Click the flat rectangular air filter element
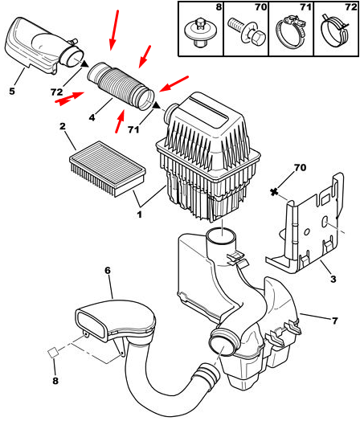[x=108, y=169]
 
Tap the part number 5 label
[x=12, y=91]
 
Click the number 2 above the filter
[x=63, y=126]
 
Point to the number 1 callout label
[x=139, y=215]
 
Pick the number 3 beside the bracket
[x=333, y=279]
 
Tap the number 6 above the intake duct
[x=108, y=271]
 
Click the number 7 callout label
[x=334, y=321]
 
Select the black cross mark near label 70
[x=273, y=192]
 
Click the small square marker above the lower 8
[x=53, y=352]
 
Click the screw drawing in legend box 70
[x=247, y=31]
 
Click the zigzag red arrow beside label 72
[x=70, y=98]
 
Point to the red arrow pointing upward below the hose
[x=120, y=121]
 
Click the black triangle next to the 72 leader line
[x=85, y=64]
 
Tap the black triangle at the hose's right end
[x=156, y=106]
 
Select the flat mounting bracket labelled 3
[x=305, y=225]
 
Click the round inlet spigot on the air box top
[x=170, y=112]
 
